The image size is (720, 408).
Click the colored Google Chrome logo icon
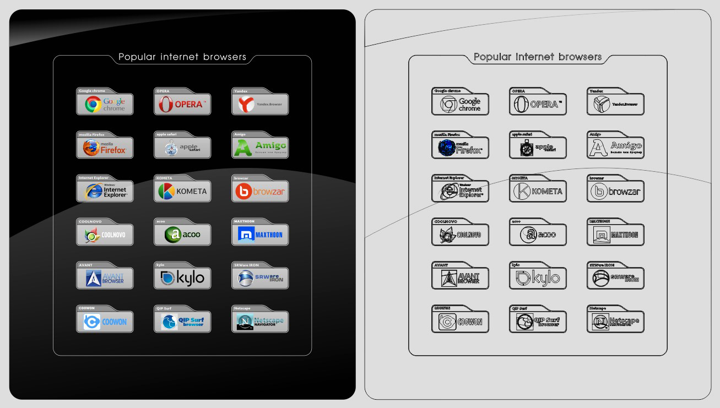point(93,104)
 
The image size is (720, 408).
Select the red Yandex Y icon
point(245,104)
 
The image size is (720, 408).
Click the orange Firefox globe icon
point(91,148)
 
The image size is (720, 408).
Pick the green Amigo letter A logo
point(243,148)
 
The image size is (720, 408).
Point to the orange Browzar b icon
point(243,191)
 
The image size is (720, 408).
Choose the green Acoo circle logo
point(174,235)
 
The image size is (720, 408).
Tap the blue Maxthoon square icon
point(245,235)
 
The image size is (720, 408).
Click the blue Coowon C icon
point(91,322)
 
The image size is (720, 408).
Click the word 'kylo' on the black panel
point(190,279)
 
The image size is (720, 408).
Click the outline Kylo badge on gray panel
point(538,278)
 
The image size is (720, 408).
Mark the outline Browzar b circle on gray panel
point(598,191)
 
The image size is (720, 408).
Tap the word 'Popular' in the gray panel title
point(492,57)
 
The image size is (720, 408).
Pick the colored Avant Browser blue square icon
point(94,279)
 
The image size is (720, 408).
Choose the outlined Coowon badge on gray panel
point(460,322)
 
